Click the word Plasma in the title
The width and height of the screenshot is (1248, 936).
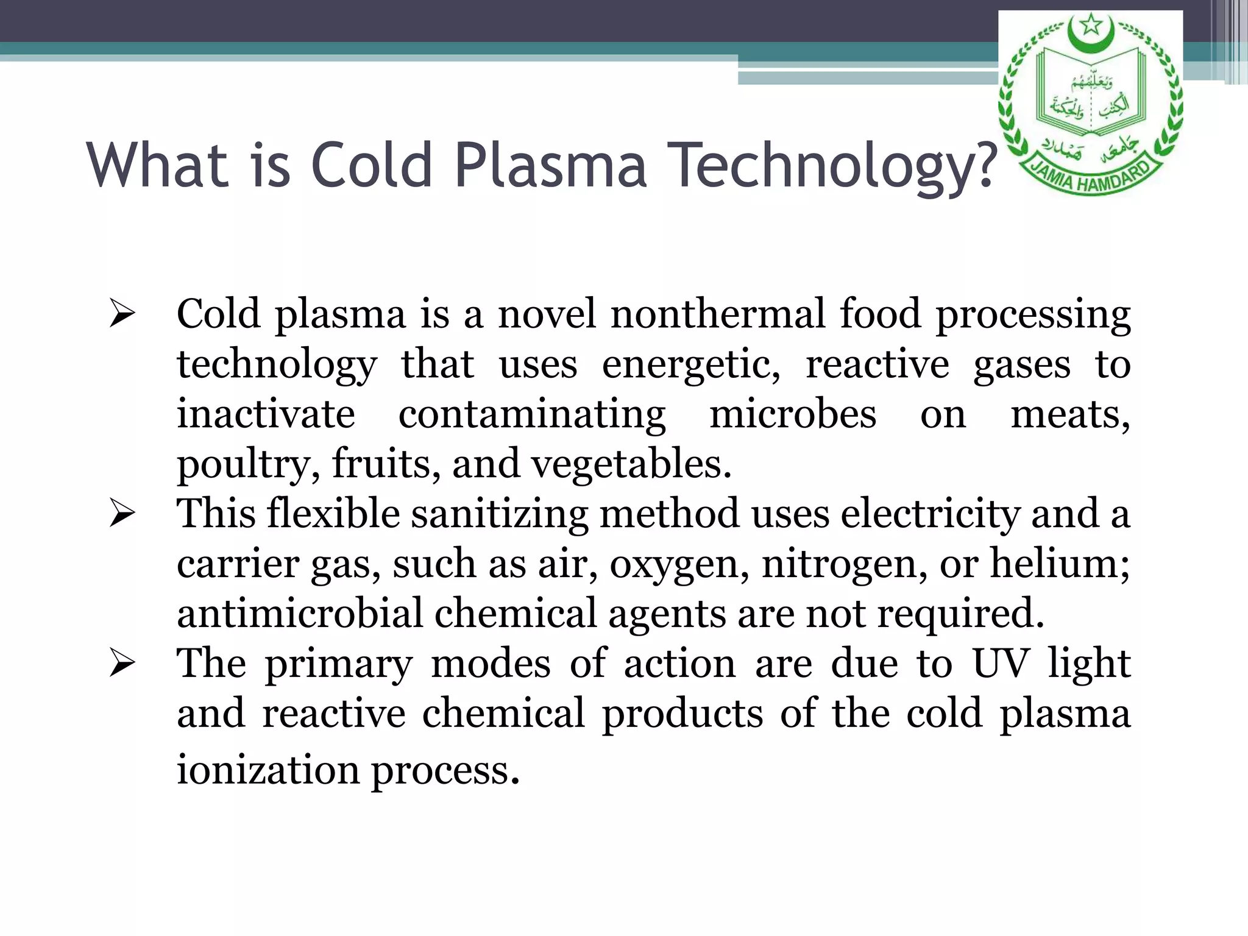550,165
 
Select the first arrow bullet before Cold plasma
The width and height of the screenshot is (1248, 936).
122,316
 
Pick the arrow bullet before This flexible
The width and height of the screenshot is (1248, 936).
122,515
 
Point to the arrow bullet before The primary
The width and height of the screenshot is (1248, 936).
122,665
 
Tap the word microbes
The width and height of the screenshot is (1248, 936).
793,414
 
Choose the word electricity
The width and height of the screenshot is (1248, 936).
930,514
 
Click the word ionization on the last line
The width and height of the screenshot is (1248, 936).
268,769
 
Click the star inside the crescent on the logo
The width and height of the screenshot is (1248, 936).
1091,26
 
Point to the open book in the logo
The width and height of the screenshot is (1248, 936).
1091,91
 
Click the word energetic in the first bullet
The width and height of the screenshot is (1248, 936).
690,365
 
